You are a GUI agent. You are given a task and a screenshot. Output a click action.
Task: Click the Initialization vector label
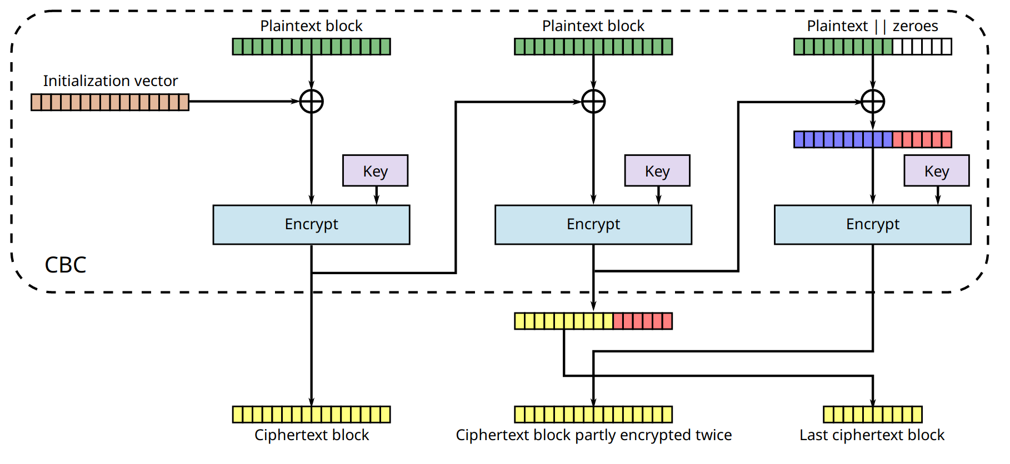[x=111, y=81]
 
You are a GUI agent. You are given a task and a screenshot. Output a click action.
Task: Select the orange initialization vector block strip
[x=110, y=102]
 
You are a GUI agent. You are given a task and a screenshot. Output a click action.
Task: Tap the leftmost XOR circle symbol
[x=311, y=102]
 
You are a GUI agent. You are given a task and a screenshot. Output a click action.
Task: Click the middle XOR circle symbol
[x=593, y=102]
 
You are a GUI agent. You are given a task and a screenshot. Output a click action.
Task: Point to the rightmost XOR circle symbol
[x=873, y=102]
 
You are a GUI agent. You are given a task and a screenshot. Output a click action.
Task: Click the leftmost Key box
[x=375, y=171]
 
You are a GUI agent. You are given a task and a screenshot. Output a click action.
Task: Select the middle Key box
[x=657, y=171]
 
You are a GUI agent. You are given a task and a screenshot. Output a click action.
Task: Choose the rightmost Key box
[x=937, y=171]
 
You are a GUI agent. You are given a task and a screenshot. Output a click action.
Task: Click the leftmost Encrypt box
[x=311, y=225]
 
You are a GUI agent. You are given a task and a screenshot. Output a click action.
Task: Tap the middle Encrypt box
[x=593, y=225]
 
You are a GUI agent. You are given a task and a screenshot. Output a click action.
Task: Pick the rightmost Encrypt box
[x=873, y=225]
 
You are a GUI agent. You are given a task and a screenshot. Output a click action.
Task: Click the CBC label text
[x=66, y=265]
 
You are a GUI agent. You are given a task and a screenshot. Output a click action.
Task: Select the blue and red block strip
[x=873, y=139]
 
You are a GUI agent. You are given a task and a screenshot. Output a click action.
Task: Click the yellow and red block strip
[x=593, y=321]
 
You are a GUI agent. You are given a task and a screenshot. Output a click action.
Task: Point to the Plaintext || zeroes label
[x=872, y=26]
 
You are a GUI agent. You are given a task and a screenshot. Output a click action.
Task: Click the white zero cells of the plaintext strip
[x=922, y=47]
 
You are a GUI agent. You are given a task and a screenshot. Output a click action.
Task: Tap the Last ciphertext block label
[x=872, y=435]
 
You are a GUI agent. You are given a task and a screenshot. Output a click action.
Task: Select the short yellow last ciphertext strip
[x=873, y=415]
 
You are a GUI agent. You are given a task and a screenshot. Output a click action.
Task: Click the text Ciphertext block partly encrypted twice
[x=593, y=435]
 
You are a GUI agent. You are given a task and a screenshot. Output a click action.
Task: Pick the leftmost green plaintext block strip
[x=311, y=47]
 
